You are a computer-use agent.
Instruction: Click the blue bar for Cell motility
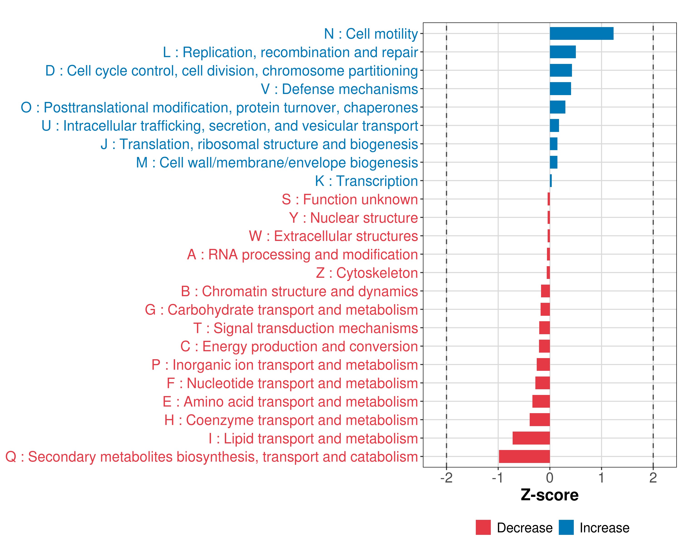(x=582, y=33)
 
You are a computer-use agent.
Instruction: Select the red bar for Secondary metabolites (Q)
(x=524, y=456)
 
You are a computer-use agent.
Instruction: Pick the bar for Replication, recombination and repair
(x=563, y=52)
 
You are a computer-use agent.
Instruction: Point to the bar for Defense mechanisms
(x=560, y=89)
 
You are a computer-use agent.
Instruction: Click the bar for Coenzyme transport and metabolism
(x=540, y=420)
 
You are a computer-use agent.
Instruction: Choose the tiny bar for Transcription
(x=551, y=181)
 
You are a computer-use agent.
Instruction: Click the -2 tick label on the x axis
(x=446, y=478)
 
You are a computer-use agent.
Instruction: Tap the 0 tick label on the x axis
(x=550, y=478)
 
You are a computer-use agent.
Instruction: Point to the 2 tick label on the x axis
(x=653, y=478)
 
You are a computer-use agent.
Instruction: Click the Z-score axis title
(x=549, y=495)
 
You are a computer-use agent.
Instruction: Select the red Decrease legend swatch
(x=483, y=527)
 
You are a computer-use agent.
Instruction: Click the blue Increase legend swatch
(x=566, y=527)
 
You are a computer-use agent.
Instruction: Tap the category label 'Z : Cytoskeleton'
(x=367, y=273)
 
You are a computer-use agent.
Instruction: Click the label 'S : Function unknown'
(x=350, y=200)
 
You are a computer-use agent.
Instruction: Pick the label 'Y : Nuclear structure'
(x=353, y=218)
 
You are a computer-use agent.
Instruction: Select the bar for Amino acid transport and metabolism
(x=541, y=401)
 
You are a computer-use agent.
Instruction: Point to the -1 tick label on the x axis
(x=498, y=478)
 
